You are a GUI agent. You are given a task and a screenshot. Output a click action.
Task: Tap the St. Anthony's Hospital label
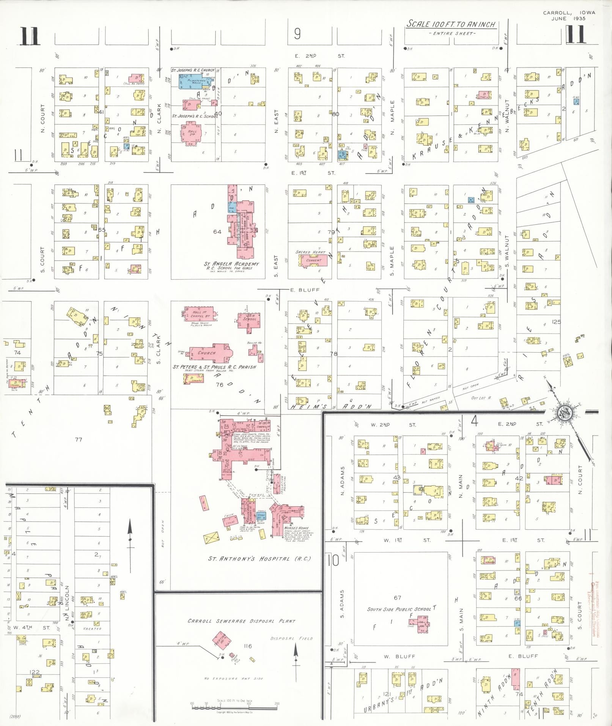260,559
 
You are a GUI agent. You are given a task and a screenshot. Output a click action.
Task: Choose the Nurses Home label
296,528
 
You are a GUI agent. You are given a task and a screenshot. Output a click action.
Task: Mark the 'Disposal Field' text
286,638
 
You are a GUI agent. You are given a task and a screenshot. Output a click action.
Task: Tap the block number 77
78,439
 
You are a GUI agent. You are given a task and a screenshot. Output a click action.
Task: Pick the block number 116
247,646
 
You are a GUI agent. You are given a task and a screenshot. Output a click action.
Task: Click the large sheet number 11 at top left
30,37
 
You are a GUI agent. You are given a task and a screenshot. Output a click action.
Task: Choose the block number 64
217,232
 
